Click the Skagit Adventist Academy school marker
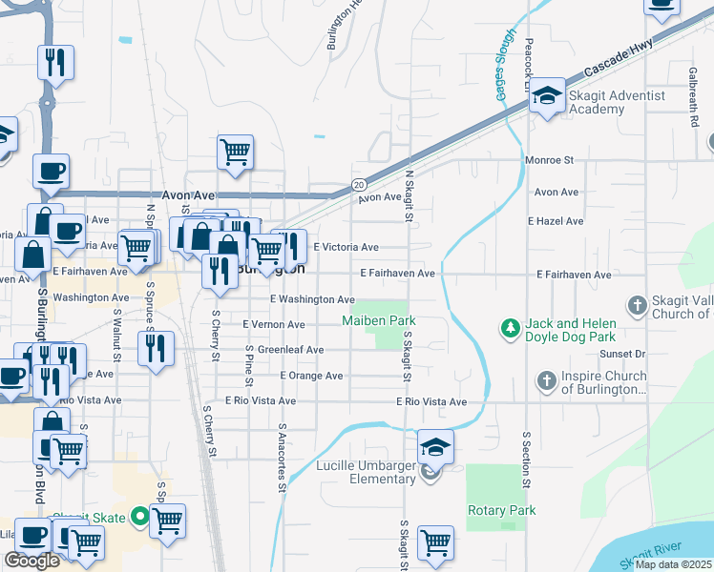coord(548,95)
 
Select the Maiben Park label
coord(379,321)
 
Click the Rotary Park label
coord(501,511)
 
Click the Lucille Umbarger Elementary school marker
coord(434,446)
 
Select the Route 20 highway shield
coord(358,184)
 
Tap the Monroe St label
coord(549,160)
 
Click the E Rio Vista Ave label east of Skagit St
coord(431,402)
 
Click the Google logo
coord(31,561)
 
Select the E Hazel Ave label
coord(556,221)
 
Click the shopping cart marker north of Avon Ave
coord(235,151)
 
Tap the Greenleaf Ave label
coord(290,350)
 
